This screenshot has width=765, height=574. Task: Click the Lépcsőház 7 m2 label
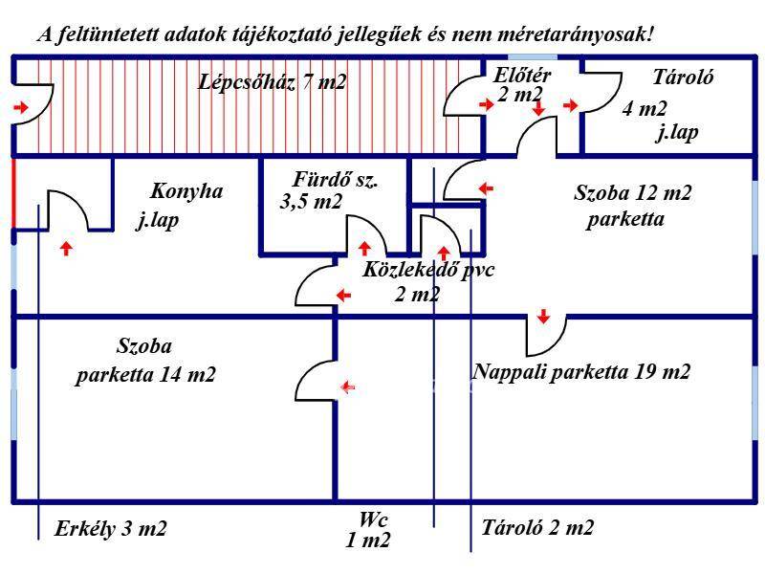[273, 82]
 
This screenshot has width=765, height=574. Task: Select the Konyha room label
[186, 191]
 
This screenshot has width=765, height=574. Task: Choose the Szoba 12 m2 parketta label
[632, 206]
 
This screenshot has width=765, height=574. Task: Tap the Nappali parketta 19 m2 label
[581, 371]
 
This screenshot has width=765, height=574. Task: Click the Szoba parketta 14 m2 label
[145, 361]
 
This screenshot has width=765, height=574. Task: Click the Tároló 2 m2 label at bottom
[537, 527]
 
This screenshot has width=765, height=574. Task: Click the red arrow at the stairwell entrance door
[21, 108]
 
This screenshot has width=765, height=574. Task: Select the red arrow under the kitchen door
[66, 249]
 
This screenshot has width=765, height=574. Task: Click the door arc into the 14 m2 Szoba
[313, 380]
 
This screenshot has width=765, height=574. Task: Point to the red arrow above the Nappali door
[543, 317]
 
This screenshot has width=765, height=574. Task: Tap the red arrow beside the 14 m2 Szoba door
[349, 387]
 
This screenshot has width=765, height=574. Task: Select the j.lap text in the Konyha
[159, 221]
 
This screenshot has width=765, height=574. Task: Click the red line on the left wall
[14, 189]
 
